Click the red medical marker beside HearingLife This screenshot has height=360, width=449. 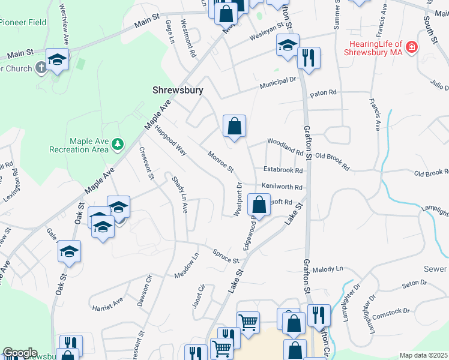coord(411,47)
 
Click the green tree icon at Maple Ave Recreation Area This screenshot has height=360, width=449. coord(118,144)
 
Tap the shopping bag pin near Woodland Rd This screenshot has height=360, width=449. coord(234,127)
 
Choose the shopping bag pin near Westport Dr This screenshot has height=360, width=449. coord(258,205)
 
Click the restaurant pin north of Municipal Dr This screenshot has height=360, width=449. coord(309,58)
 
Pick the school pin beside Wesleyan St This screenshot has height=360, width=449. coord(288,46)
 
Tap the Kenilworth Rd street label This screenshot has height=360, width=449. coord(281,187)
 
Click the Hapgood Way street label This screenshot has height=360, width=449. coord(171,140)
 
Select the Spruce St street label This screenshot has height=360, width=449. coord(226,256)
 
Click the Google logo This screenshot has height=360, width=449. coord(20,353)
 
